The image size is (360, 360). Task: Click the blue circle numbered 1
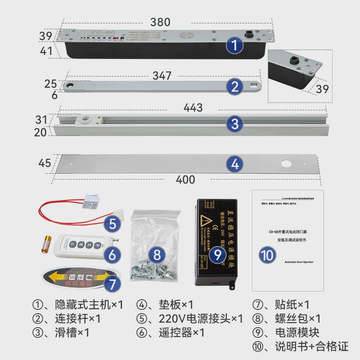(x=234, y=45)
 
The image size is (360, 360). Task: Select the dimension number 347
(x=162, y=75)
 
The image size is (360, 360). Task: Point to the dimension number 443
(x=193, y=108)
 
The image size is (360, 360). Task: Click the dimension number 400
(x=185, y=180)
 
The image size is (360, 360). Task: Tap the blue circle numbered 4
(x=234, y=164)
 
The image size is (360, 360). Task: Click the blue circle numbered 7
(x=112, y=284)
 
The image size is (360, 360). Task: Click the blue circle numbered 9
(x=218, y=255)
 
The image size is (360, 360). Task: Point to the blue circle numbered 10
(x=268, y=255)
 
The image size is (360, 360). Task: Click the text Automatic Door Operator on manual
(x=299, y=261)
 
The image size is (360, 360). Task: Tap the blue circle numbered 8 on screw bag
(x=157, y=255)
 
